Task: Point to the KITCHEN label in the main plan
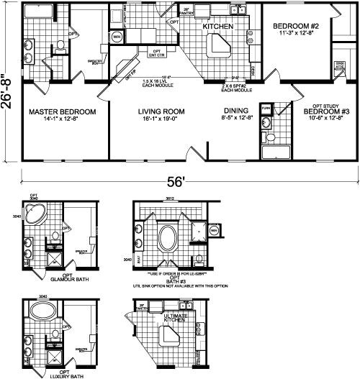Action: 215,26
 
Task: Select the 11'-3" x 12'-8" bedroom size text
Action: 291,34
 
